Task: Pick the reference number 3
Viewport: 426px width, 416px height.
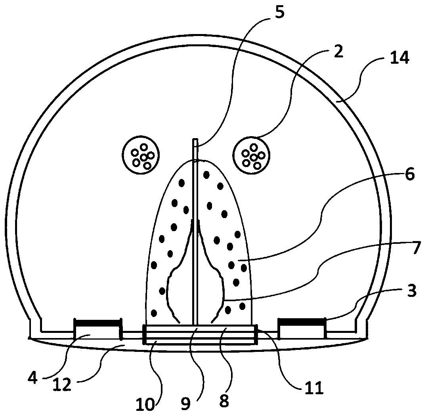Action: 412,291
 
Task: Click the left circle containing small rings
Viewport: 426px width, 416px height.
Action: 141,154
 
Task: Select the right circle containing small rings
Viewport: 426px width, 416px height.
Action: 252,154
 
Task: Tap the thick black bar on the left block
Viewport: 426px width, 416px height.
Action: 97,323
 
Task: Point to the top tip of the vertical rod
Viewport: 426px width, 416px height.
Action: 195,140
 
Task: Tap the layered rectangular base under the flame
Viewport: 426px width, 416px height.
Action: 198,334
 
